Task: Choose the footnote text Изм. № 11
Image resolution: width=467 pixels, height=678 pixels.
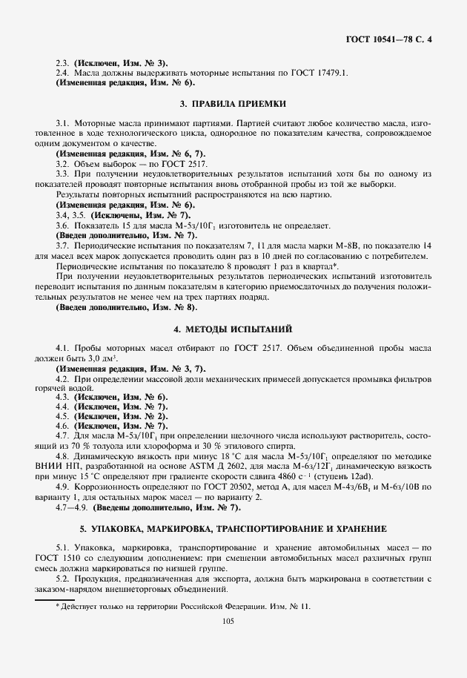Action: click(291, 606)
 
